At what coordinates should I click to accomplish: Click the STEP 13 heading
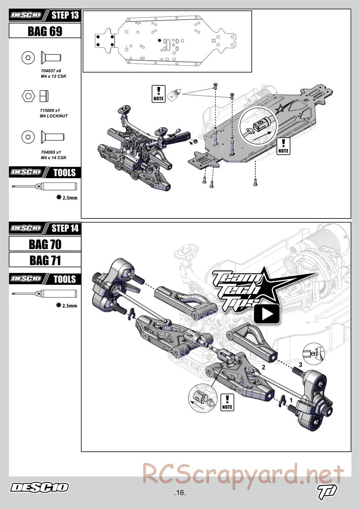[x=65, y=15]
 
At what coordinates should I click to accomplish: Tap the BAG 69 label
[x=45, y=31]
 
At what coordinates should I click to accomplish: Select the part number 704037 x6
[x=51, y=71]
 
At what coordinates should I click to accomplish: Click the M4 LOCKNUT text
[x=54, y=116]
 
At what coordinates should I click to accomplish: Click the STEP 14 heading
[x=65, y=228]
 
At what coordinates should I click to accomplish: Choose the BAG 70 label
[x=45, y=244]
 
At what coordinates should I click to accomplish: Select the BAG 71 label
[x=45, y=260]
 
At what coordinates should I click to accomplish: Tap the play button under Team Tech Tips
[x=267, y=314]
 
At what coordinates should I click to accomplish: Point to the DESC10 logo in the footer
[x=39, y=487]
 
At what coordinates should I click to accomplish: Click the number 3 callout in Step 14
[x=300, y=364]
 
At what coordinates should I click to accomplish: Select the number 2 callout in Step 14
[x=264, y=368]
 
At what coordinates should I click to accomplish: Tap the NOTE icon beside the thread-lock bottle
[x=158, y=94]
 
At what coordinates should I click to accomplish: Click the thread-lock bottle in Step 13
[x=174, y=94]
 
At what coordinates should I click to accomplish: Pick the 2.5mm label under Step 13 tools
[x=70, y=198]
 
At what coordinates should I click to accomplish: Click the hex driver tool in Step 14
[x=44, y=294]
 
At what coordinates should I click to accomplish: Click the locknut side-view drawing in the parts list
[x=44, y=96]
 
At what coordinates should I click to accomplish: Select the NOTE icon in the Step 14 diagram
[x=227, y=402]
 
